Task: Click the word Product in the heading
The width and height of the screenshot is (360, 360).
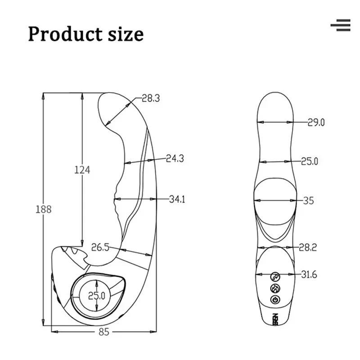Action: pyautogui.click(x=65, y=34)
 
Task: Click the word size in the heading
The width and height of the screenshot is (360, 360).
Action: pyautogui.click(x=126, y=34)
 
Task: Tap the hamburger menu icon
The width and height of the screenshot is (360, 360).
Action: pyautogui.click(x=341, y=25)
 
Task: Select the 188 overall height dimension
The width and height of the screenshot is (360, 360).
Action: pyautogui.click(x=44, y=209)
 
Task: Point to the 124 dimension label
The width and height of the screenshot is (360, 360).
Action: pyautogui.click(x=82, y=170)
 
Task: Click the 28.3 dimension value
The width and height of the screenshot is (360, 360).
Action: pyautogui.click(x=151, y=98)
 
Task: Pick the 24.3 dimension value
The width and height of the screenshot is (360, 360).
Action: pyautogui.click(x=175, y=158)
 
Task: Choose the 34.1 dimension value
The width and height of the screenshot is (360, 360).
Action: pyautogui.click(x=177, y=199)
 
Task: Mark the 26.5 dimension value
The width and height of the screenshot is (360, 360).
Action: pyautogui.click(x=100, y=247)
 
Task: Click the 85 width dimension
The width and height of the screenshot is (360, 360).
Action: pyautogui.click(x=104, y=332)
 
